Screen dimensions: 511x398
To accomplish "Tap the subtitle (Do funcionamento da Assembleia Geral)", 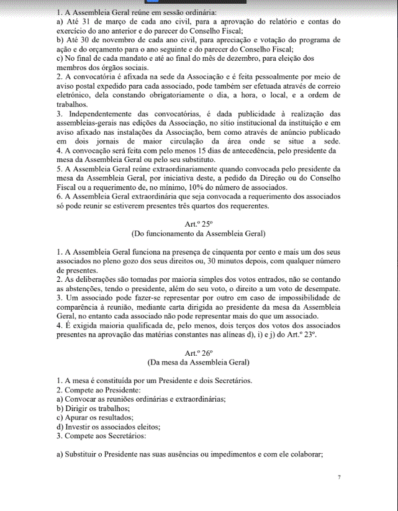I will [x=199, y=234].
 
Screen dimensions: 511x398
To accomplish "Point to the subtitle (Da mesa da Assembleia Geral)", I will [x=199, y=362].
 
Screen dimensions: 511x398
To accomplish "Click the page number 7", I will [x=339, y=477].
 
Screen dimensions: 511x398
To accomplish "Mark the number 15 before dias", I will [x=189, y=150].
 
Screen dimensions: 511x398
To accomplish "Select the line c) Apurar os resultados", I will [x=94, y=417].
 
